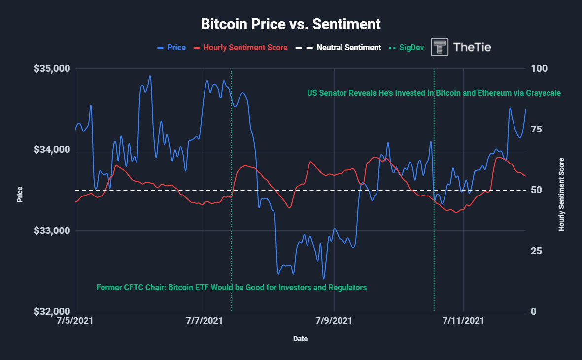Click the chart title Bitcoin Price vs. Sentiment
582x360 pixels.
(291, 24)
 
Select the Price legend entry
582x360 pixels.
(171, 48)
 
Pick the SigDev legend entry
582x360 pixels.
(407, 48)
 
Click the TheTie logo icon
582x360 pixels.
(440, 47)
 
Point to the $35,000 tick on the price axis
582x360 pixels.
(52, 68)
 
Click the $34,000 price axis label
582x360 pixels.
(52, 150)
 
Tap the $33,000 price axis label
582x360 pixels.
(52, 230)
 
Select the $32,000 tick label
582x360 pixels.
(52, 312)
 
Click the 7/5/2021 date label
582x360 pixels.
(75, 321)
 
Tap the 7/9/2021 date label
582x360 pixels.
(334, 321)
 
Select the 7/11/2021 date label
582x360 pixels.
(463, 321)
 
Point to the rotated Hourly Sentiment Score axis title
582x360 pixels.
(561, 194)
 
